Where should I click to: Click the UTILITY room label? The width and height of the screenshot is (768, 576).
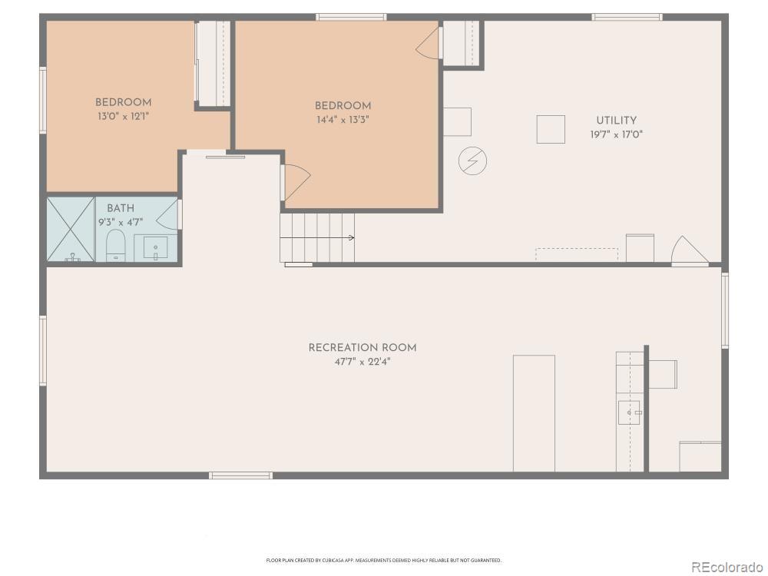click(616, 121)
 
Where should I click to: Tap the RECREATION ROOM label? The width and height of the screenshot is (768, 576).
click(362, 348)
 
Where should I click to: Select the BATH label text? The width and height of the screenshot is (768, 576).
click(120, 208)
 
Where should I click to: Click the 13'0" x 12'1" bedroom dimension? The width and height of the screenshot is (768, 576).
click(123, 116)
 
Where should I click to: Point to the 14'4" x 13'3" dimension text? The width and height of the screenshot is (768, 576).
click(343, 119)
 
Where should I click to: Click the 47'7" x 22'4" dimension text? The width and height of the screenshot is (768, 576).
click(362, 361)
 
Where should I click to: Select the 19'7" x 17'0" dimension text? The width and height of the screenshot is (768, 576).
click(616, 134)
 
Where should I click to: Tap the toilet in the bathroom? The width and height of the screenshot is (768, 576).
click(114, 247)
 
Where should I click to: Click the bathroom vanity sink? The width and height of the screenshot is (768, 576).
click(156, 248)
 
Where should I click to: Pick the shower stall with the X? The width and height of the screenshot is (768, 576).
click(71, 230)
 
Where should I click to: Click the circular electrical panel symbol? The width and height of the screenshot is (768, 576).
click(472, 161)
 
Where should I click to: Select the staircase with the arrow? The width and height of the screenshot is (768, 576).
click(316, 237)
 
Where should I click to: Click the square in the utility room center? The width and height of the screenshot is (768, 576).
click(551, 129)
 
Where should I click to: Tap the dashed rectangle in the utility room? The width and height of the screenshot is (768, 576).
click(576, 254)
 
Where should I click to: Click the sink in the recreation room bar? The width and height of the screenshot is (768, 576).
click(630, 412)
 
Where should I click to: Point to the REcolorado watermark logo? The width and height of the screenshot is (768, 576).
click(723, 567)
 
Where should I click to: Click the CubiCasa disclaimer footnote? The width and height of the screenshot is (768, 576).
click(384, 561)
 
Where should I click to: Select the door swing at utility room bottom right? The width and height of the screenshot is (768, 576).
click(688, 252)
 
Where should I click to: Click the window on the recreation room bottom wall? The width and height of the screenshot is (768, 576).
click(240, 475)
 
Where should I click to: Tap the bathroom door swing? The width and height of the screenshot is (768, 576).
click(171, 214)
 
